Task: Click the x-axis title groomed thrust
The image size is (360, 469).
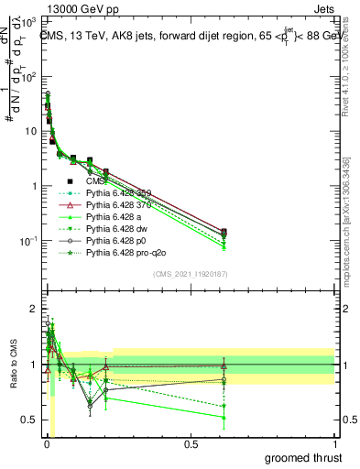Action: (x=304, y=457)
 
